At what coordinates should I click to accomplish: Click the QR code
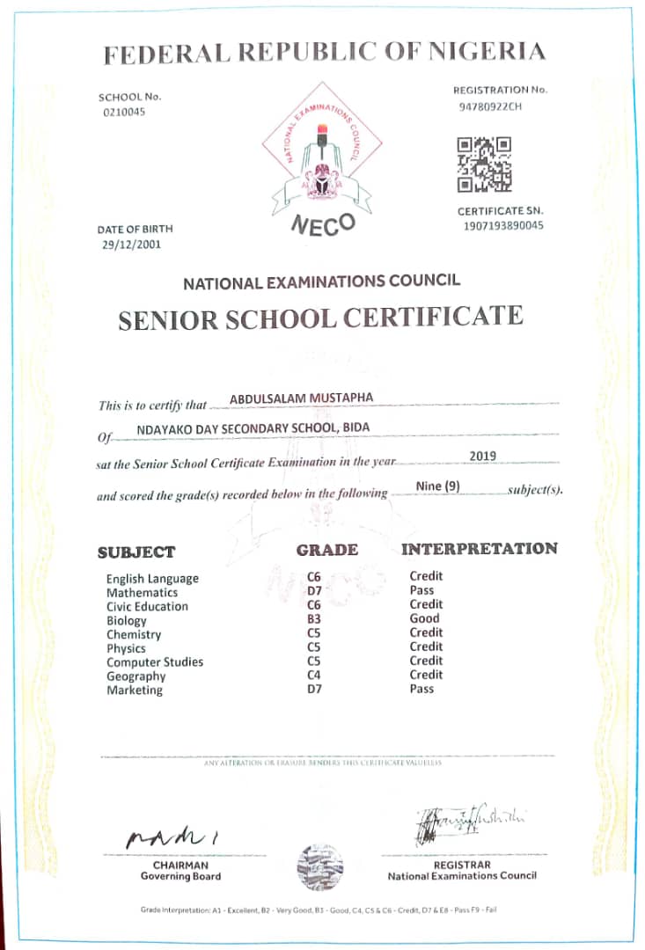pyautogui.click(x=484, y=164)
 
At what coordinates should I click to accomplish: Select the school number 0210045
pyautogui.click(x=124, y=112)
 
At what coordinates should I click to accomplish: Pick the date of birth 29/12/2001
pyautogui.click(x=132, y=245)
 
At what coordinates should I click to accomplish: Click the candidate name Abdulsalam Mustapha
pyautogui.click(x=301, y=398)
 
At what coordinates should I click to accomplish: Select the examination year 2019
pyautogui.click(x=483, y=456)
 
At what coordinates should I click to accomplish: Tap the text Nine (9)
pyautogui.click(x=437, y=486)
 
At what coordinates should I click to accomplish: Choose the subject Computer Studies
pyautogui.click(x=155, y=662)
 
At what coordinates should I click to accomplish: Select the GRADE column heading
pyautogui.click(x=326, y=550)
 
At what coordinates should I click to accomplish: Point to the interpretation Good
pyautogui.click(x=424, y=618)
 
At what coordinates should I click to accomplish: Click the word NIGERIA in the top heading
pyautogui.click(x=487, y=52)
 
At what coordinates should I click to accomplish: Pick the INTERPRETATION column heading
pyautogui.click(x=480, y=549)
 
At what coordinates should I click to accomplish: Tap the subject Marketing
pyautogui.click(x=135, y=691)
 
